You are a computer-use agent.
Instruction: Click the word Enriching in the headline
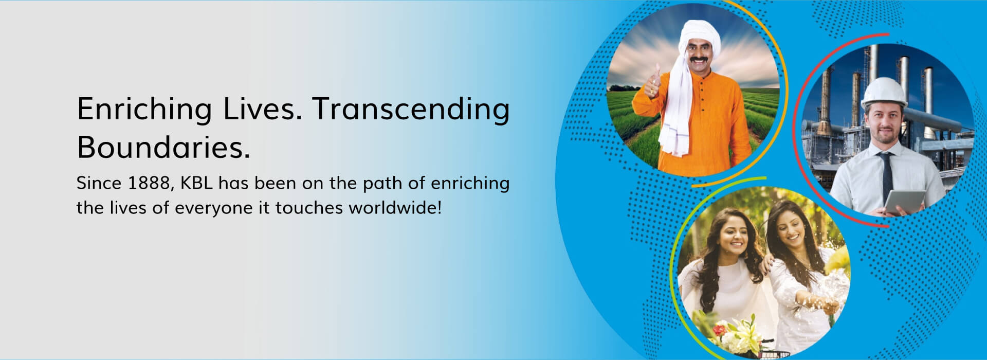pyautogui.click(x=144, y=110)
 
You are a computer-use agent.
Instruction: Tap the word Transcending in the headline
pyautogui.click(x=411, y=110)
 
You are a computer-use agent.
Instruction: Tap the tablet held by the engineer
pyautogui.click(x=905, y=203)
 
